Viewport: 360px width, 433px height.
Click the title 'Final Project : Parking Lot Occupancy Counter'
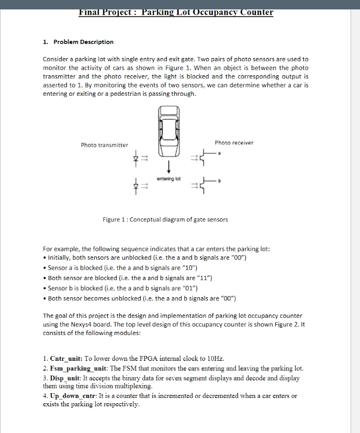click(176, 12)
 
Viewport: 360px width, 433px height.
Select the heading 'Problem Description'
click(83, 42)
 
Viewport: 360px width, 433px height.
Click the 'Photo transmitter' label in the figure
click(104, 145)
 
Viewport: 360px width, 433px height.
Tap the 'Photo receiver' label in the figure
click(234, 142)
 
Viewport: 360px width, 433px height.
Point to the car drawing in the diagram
click(168, 131)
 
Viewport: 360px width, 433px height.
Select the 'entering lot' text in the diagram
click(168, 179)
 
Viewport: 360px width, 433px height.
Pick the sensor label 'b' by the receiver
click(220, 181)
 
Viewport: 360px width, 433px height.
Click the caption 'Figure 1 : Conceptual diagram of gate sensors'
click(165, 219)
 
